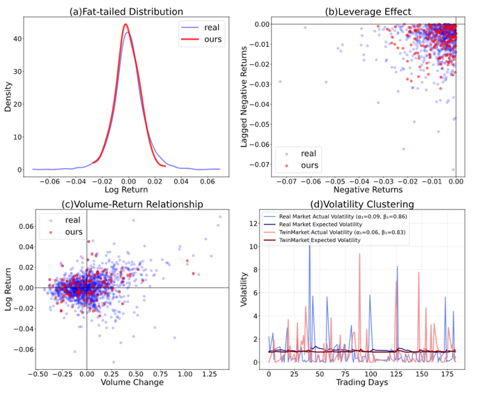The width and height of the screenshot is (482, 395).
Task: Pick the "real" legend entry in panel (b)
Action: click(x=306, y=152)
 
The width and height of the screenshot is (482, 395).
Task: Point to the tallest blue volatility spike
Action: click(x=309, y=244)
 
